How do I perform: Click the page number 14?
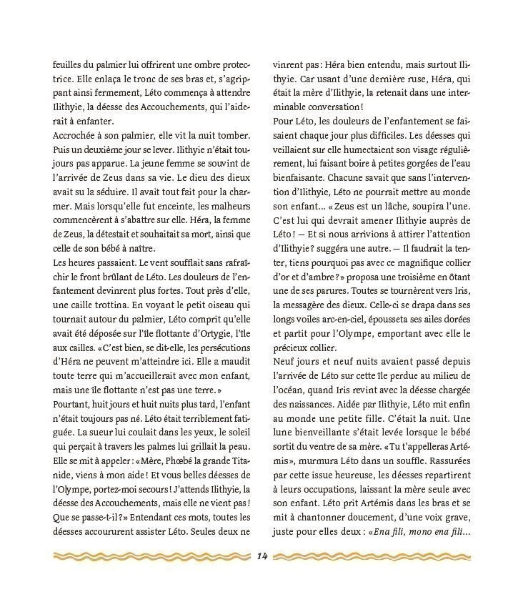[x=259, y=557]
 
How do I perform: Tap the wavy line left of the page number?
[x=149, y=556]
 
